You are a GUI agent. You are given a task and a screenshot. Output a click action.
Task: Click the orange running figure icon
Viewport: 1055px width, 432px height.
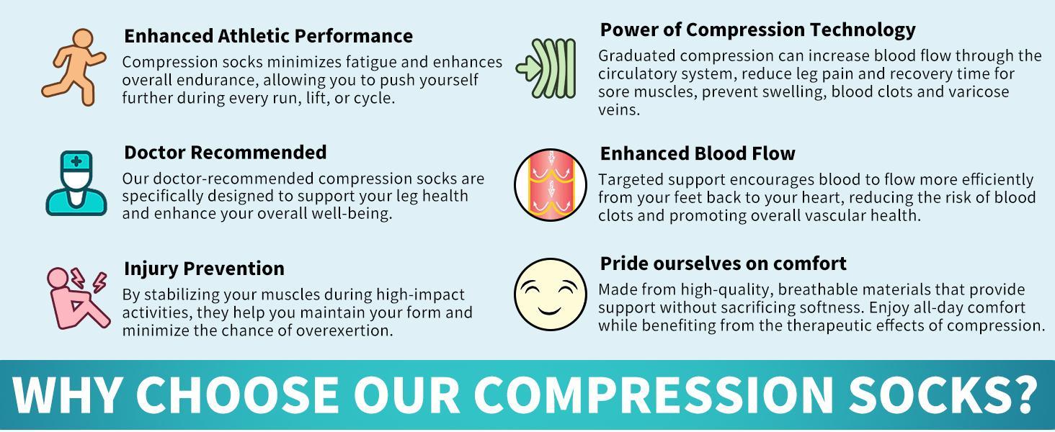[73, 68]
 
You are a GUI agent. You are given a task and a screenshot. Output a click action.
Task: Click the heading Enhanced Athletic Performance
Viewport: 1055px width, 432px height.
[268, 35]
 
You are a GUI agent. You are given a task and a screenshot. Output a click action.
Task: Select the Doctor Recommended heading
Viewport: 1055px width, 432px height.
[225, 152]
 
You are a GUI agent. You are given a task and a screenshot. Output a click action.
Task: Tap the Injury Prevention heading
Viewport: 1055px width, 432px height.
[204, 268]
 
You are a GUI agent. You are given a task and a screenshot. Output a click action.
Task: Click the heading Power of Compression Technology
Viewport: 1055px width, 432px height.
[757, 30]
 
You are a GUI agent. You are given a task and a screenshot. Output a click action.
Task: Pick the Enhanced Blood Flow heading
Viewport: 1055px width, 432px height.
[698, 153]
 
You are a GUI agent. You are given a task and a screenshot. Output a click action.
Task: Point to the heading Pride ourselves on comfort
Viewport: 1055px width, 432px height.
[723, 263]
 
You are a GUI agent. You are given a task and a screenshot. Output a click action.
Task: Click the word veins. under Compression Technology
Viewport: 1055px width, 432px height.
[619, 110]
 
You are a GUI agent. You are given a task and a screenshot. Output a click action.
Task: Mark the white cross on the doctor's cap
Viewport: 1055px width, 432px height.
[76, 161]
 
